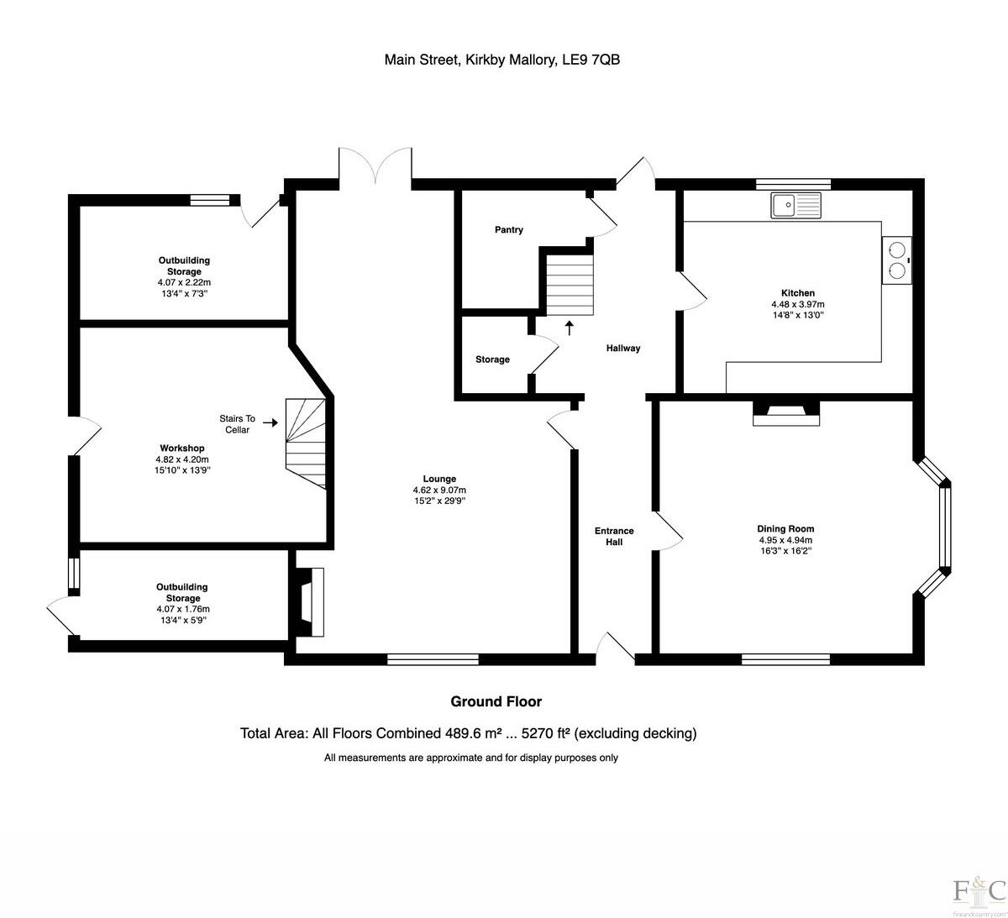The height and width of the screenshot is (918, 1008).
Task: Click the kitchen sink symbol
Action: coord(795,204)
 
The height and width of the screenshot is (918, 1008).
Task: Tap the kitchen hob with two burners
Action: coord(896,260)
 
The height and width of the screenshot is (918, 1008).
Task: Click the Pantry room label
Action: coord(509,230)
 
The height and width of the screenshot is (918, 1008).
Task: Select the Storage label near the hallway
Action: coord(492,359)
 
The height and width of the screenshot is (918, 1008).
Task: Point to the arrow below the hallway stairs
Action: coord(570,328)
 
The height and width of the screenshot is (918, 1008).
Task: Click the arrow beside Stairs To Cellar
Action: coord(270,423)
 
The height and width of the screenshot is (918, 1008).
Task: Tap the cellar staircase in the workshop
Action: coord(306,442)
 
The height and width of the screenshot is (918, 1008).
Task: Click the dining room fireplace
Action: coord(785,412)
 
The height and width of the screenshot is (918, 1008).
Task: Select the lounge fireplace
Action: coord(308,601)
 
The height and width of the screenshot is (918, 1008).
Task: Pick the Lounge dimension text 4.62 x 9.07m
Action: coord(439,490)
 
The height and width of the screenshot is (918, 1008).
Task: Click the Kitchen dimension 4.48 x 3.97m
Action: coord(798,305)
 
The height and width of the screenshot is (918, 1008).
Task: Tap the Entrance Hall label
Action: coord(614,537)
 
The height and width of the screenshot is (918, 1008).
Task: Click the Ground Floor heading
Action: coord(496,702)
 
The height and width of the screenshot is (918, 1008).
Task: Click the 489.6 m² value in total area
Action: coord(473,733)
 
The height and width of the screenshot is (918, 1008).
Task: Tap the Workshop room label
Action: coord(182,449)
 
